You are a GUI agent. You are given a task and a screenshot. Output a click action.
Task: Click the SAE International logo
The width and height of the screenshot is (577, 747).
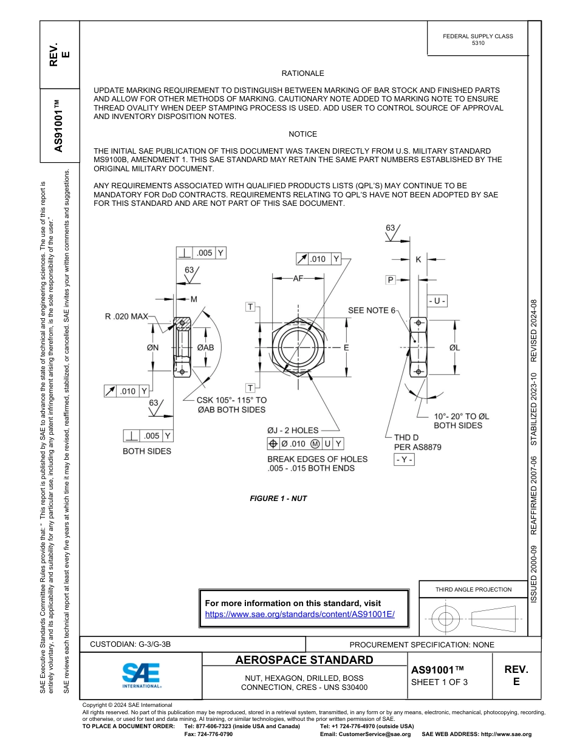[x=142, y=675]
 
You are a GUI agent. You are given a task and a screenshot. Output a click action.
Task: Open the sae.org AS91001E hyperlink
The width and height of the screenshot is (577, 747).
[x=299, y=614]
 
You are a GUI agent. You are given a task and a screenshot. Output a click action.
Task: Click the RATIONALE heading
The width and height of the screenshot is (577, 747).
[x=302, y=73]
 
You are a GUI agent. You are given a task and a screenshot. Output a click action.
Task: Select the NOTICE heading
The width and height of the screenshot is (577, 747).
[x=302, y=134]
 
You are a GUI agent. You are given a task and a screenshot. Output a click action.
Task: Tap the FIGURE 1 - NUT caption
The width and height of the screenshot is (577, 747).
[x=278, y=499]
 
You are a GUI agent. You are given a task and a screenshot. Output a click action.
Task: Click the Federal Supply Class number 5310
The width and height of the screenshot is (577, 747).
[x=478, y=44]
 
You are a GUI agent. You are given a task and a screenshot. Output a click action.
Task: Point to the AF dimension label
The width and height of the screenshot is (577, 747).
[x=298, y=278]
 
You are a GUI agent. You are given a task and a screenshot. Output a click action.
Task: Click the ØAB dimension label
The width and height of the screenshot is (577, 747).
[x=205, y=347]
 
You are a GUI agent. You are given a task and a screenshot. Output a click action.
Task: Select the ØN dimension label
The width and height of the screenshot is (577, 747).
[x=152, y=347]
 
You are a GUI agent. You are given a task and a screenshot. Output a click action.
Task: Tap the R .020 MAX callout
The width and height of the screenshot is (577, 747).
[x=126, y=316]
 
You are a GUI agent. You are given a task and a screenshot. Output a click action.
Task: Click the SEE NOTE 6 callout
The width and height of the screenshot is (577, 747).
[x=371, y=310]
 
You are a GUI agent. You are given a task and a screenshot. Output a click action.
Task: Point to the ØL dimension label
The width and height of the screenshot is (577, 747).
[x=455, y=347]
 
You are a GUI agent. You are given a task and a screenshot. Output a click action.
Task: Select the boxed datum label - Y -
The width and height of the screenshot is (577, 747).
[x=404, y=460]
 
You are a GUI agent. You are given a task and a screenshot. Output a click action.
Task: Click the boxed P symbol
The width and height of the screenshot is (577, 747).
[x=391, y=279]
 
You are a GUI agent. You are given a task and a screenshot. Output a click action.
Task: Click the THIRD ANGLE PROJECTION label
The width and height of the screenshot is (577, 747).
[x=473, y=589]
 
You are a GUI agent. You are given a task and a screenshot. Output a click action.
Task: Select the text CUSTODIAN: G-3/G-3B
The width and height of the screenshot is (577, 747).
[x=134, y=644]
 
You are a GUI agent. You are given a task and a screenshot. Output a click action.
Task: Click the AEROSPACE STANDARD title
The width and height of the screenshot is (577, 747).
[x=304, y=660]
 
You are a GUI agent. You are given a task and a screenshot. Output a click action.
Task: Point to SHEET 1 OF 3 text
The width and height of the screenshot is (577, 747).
[x=439, y=682]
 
